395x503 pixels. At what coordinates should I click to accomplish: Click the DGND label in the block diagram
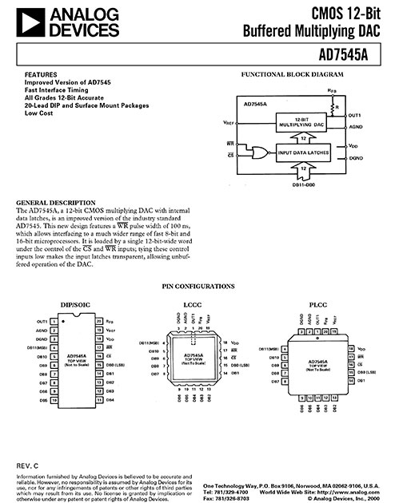point(356,159)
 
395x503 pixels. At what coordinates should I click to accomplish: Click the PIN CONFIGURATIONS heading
point(197,284)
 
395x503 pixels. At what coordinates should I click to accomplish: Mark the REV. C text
point(29,464)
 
